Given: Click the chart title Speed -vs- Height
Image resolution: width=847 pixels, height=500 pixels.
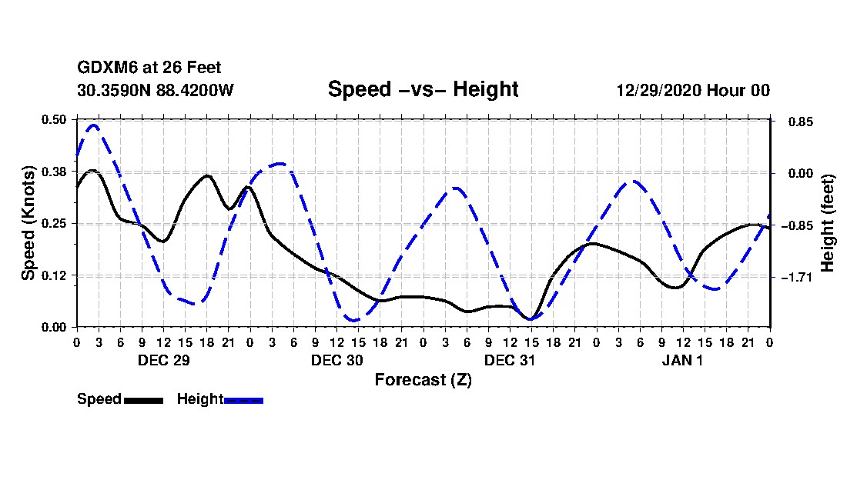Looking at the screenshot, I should pyautogui.click(x=423, y=89).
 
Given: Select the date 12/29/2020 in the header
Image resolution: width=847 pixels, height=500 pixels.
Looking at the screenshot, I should pyautogui.click(x=655, y=90).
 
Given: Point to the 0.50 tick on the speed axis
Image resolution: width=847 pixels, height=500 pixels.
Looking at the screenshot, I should pyautogui.click(x=55, y=119).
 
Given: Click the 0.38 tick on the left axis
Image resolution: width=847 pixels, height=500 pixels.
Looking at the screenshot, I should pyautogui.click(x=55, y=171).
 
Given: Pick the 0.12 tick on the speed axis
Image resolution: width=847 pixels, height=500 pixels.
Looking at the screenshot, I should pyautogui.click(x=55, y=275).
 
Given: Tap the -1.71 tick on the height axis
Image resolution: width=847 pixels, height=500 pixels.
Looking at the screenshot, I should pyautogui.click(x=796, y=277).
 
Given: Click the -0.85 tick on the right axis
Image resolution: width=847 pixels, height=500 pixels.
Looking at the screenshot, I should pyautogui.click(x=796, y=225).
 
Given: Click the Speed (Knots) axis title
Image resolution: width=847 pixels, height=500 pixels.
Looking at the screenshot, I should pyautogui.click(x=28, y=223).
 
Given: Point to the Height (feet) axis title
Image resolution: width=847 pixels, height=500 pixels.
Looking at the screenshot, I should pyautogui.click(x=829, y=223).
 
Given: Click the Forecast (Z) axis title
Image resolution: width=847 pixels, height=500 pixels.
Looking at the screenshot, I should pyautogui.click(x=423, y=379).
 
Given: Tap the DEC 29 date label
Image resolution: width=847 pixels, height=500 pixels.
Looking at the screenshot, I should pyautogui.click(x=163, y=360).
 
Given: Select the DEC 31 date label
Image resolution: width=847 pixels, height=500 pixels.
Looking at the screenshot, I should pyautogui.click(x=509, y=360).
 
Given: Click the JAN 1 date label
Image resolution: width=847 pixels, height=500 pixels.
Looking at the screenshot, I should pyautogui.click(x=682, y=360).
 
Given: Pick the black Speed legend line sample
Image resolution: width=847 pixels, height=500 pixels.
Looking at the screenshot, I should pyautogui.click(x=143, y=400).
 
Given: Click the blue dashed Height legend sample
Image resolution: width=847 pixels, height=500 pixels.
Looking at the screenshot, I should pyautogui.click(x=243, y=400).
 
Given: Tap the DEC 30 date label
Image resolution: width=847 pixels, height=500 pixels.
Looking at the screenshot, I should pyautogui.click(x=336, y=360).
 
